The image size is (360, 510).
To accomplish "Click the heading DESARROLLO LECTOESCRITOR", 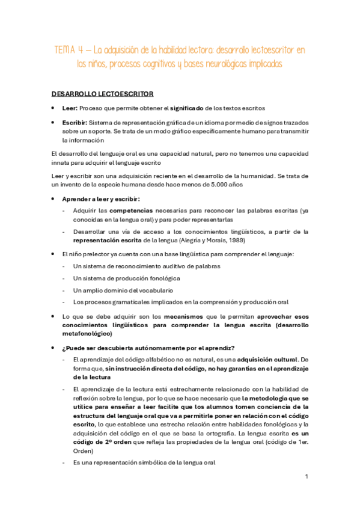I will [102, 94].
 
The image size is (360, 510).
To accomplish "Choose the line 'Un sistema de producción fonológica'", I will [126, 278].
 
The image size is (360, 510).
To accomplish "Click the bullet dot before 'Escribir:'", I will [55, 121].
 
